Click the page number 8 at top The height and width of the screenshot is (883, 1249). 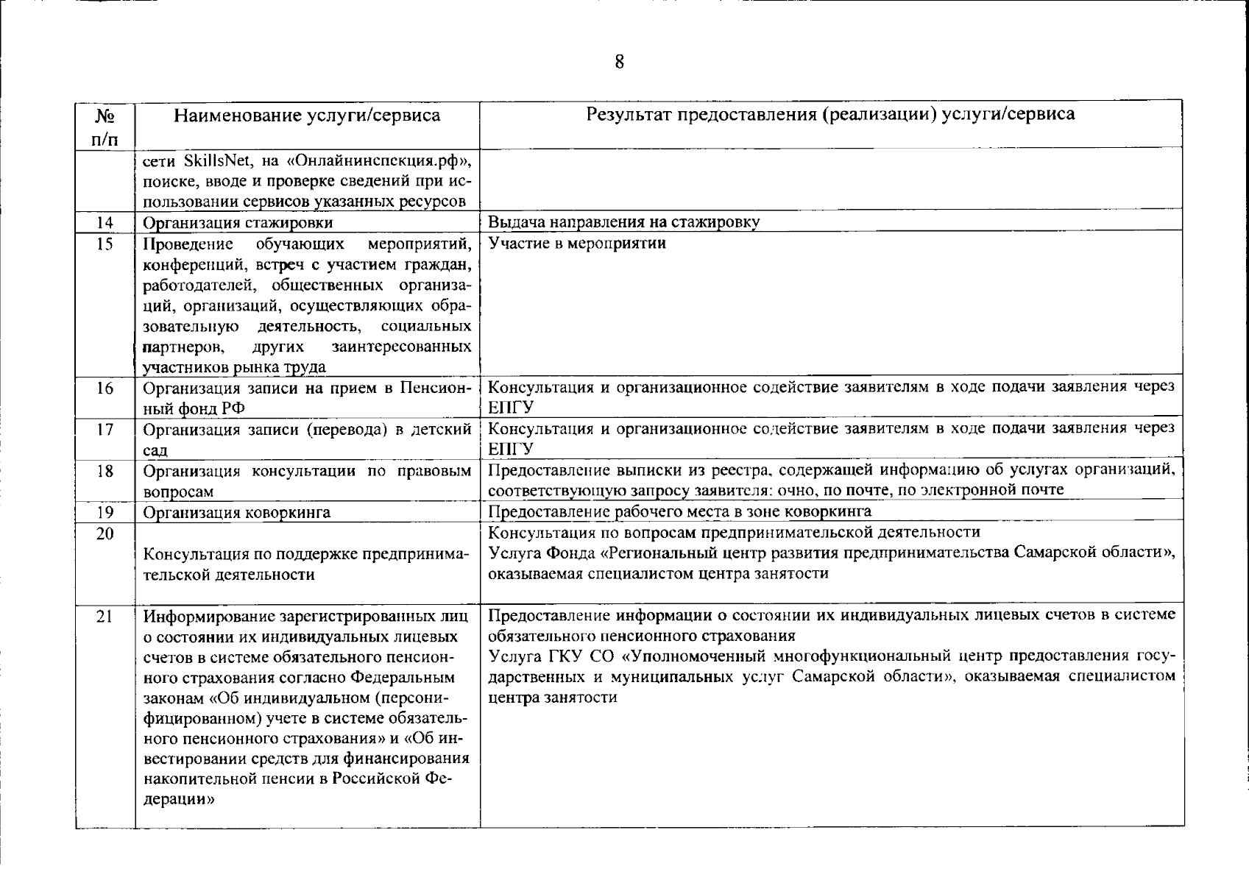tap(619, 63)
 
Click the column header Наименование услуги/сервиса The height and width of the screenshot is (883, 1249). tap(307, 116)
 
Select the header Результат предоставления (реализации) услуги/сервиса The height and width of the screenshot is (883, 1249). tap(830, 114)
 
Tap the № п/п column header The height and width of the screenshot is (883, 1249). tap(105, 127)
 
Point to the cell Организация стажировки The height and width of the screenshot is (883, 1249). tap(238, 222)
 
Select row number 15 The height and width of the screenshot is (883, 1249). tap(105, 244)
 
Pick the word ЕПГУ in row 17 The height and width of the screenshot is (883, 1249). tap(511, 449)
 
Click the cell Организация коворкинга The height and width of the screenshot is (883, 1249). tap(236, 512)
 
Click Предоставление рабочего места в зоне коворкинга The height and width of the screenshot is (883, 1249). tap(679, 511)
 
